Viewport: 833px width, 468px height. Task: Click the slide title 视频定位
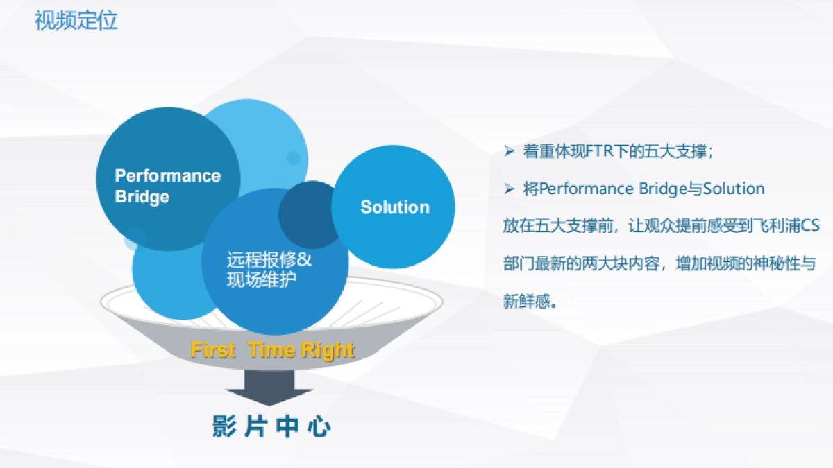click(76, 20)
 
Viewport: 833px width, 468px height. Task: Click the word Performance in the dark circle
click(168, 175)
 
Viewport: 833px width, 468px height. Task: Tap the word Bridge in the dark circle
click(142, 197)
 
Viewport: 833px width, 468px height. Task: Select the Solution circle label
click(395, 207)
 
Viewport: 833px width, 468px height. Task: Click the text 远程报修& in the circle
click(269, 259)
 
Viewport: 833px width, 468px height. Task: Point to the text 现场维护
click(262, 279)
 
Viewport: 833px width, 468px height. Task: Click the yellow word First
click(212, 350)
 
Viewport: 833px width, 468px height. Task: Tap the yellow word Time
click(272, 350)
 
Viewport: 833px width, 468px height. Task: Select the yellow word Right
click(328, 351)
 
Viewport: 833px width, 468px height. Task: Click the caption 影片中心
click(271, 426)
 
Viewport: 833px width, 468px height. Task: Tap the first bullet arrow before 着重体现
click(509, 151)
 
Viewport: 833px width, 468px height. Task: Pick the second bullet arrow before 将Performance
click(509, 189)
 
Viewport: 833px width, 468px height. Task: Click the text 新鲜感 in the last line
click(527, 301)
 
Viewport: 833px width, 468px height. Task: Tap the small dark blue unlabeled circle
click(310, 215)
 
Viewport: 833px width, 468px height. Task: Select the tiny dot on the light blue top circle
click(294, 158)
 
